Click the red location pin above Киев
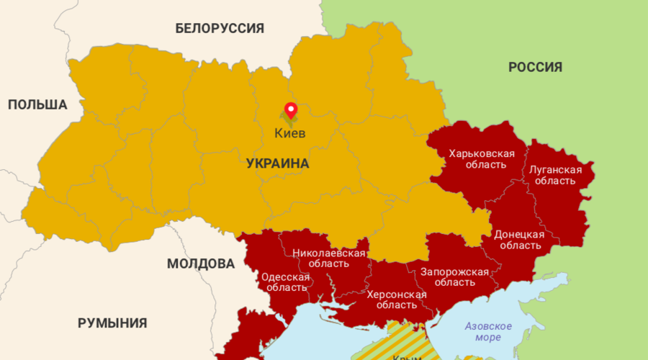tap(291, 110)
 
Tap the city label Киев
tap(290, 133)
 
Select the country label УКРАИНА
tap(277, 163)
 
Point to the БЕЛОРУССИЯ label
tap(220, 29)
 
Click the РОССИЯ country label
tap(535, 68)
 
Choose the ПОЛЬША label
tap(37, 105)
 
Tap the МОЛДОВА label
tap(201, 264)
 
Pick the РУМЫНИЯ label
tap(112, 323)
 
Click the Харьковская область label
tap(481, 159)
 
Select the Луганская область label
tap(555, 175)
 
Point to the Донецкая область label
tap(518, 240)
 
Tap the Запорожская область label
tap(454, 276)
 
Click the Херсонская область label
tap(396, 300)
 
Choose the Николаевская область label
tap(328, 258)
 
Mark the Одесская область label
tap(285, 282)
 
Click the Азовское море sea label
tap(488, 332)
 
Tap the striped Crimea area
tap(407, 342)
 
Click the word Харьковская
tap(481, 153)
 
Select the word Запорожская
tap(454, 271)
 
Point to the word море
tap(488, 338)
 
